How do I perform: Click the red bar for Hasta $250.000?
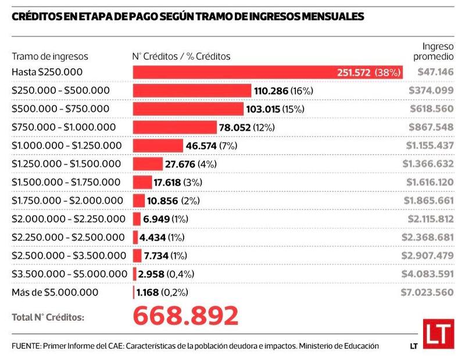(233, 72)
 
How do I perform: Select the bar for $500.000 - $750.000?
(188, 109)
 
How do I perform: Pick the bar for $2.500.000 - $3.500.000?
(137, 255)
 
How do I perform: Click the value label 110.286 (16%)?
(284, 91)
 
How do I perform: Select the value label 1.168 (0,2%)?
(165, 292)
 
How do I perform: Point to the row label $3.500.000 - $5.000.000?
(69, 274)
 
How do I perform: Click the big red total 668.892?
(185, 316)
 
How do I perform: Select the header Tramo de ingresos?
(50, 56)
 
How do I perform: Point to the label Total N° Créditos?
(48, 318)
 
